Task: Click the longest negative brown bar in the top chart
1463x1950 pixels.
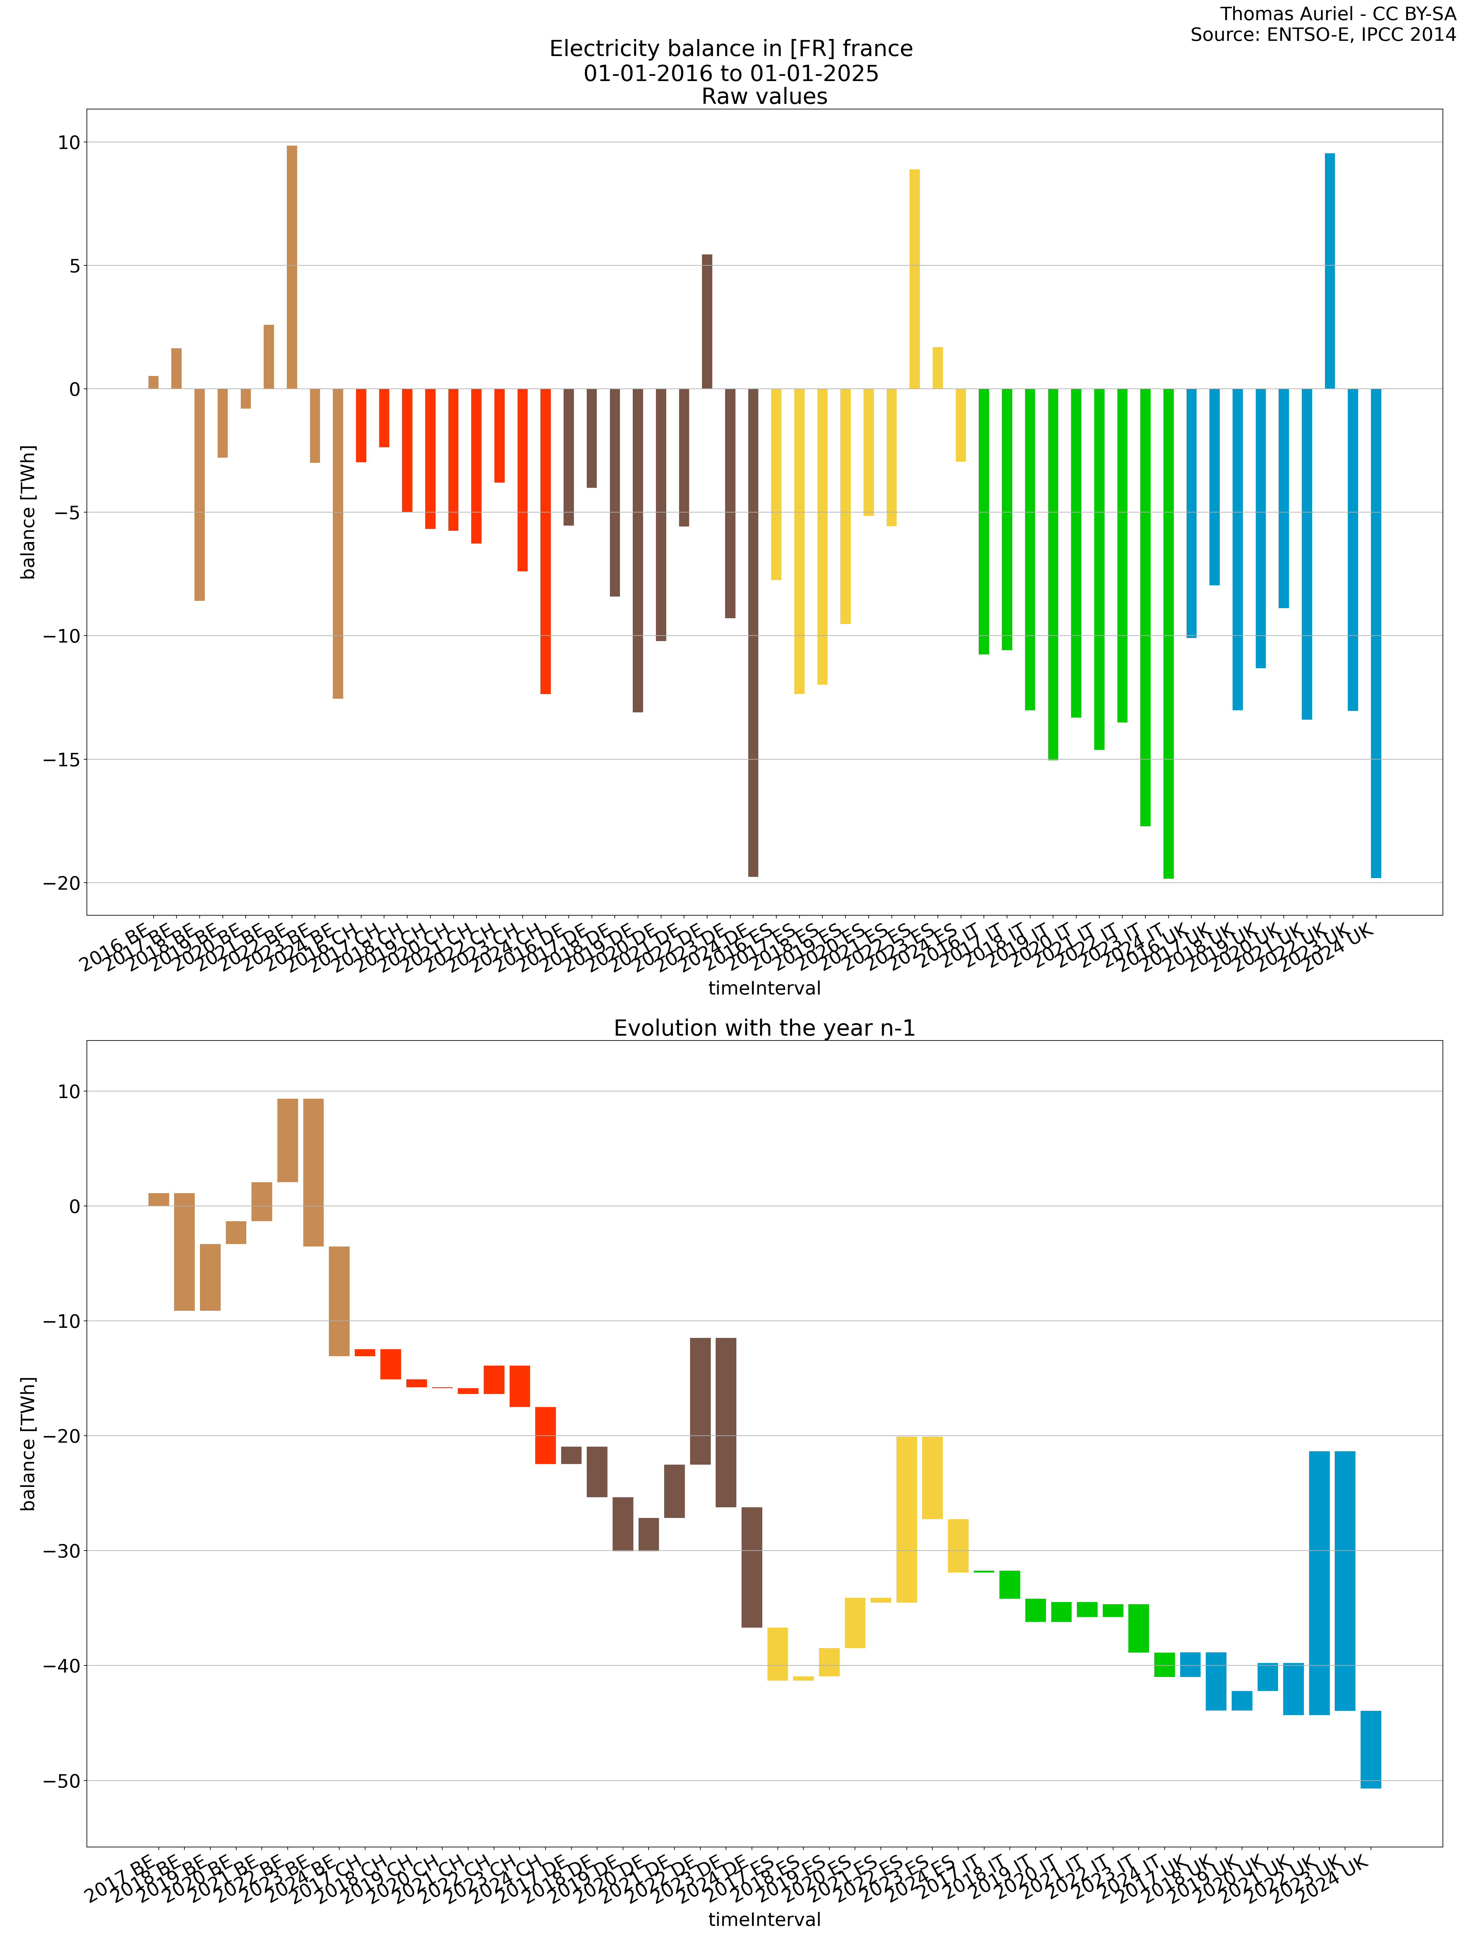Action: click(753, 632)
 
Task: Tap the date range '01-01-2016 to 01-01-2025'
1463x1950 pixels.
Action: click(731, 73)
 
